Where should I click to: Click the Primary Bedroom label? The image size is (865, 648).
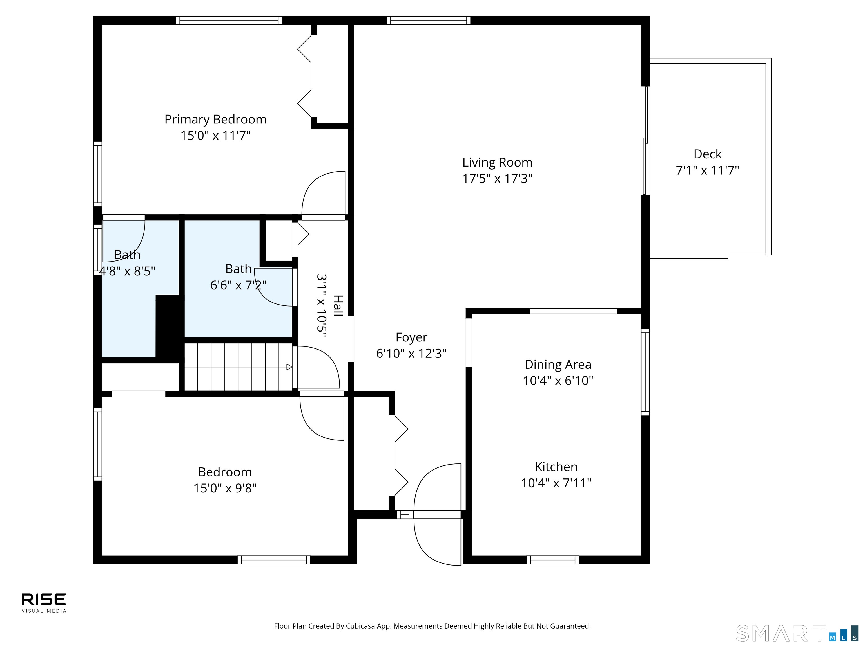[x=215, y=120]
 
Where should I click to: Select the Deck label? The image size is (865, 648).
[x=707, y=154]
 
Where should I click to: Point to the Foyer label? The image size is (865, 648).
[x=411, y=337]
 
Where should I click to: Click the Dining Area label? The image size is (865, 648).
[x=558, y=364]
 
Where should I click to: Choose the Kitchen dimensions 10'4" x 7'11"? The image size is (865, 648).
[x=556, y=483]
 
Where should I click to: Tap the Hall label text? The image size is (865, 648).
[x=338, y=306]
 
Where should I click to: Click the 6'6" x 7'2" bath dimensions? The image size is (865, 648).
[x=238, y=285]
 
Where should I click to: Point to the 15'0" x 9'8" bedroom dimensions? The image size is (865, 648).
[x=225, y=488]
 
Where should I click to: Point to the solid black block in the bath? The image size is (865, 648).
[x=168, y=326]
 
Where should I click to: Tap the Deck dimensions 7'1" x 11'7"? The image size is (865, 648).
[x=707, y=171]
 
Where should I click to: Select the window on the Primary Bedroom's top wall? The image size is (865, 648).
[x=229, y=20]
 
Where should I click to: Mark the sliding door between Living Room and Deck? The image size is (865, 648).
[x=646, y=141]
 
